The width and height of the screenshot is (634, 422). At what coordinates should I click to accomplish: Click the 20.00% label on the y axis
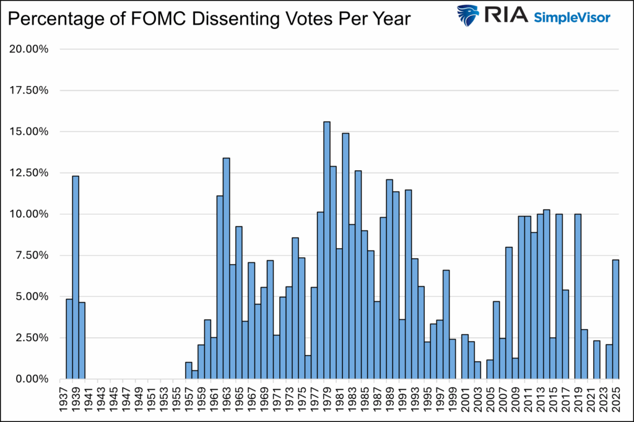pyautogui.click(x=30, y=50)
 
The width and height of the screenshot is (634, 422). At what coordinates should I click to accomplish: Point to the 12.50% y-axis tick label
pyautogui.click(x=30, y=173)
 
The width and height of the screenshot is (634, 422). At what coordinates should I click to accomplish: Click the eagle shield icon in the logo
pyautogui.click(x=469, y=15)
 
